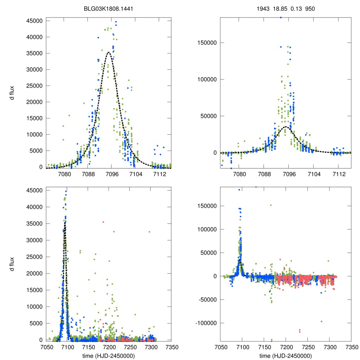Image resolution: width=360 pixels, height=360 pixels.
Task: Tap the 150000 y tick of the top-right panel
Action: click(x=206, y=43)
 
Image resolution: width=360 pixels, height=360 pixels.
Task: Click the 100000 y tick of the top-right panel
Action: click(x=206, y=79)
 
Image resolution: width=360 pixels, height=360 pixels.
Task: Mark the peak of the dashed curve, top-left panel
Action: click(x=109, y=52)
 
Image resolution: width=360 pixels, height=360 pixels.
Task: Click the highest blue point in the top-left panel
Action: click(x=116, y=22)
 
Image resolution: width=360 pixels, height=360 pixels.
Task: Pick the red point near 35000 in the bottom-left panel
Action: click(x=103, y=222)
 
